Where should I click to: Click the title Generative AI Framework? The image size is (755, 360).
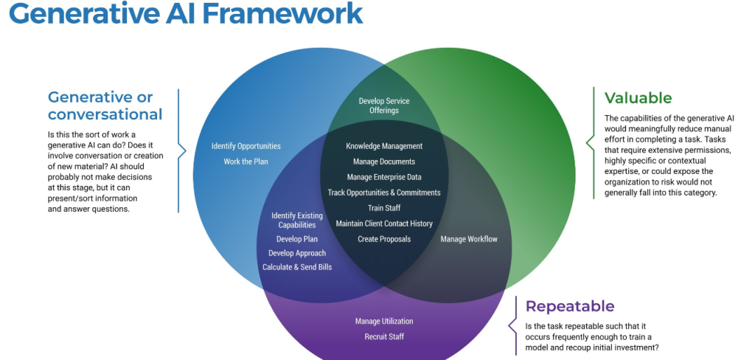point(186,14)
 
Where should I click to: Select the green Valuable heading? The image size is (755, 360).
point(638,98)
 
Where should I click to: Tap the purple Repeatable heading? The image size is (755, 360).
point(569,307)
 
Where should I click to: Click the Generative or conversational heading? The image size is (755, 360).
point(105,105)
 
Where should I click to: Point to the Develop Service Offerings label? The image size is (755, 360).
point(384,105)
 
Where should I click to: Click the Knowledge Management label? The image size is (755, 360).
point(384,146)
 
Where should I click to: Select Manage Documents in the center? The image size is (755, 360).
point(384,162)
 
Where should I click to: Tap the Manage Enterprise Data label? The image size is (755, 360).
point(384,177)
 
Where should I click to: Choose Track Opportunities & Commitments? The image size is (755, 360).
point(384,193)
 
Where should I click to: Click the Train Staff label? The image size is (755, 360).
point(384,208)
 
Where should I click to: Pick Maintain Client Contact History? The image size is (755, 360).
point(384,224)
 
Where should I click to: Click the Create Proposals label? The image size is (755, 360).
point(384,239)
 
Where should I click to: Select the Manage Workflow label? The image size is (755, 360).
point(469,239)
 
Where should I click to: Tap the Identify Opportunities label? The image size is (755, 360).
point(246,146)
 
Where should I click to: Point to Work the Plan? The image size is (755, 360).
point(246,162)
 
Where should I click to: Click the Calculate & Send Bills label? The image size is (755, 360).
point(297,267)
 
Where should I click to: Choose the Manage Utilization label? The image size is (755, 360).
point(384,322)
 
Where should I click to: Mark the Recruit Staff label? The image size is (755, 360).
point(384,337)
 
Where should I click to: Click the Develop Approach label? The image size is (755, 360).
point(297,253)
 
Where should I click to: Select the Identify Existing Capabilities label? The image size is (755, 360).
point(297,220)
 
